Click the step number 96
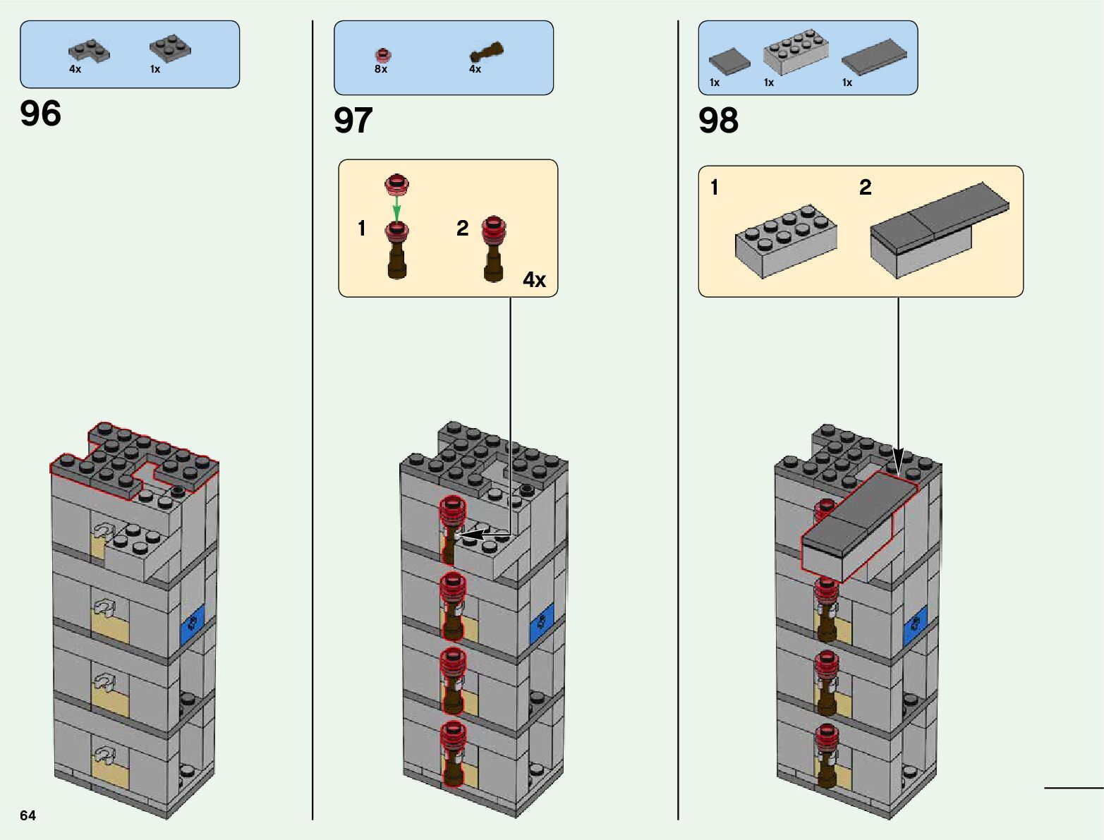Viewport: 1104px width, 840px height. coord(41,114)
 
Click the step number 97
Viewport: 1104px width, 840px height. coord(353,121)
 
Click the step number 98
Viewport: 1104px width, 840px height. coord(718,121)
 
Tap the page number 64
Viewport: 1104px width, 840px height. coord(28,815)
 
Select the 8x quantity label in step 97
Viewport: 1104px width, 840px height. coord(381,69)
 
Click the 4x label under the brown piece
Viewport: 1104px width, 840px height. coord(475,69)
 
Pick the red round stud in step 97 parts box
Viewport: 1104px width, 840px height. coord(382,54)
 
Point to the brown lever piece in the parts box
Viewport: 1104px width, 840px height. coord(487,52)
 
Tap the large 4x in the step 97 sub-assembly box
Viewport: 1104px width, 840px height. coord(534,280)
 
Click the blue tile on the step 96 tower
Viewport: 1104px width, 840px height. coord(191,623)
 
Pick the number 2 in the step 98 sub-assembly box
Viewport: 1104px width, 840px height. coord(865,187)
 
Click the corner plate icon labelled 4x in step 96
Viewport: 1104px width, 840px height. coord(89,51)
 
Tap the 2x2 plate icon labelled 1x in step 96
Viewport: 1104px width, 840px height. coord(170,48)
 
